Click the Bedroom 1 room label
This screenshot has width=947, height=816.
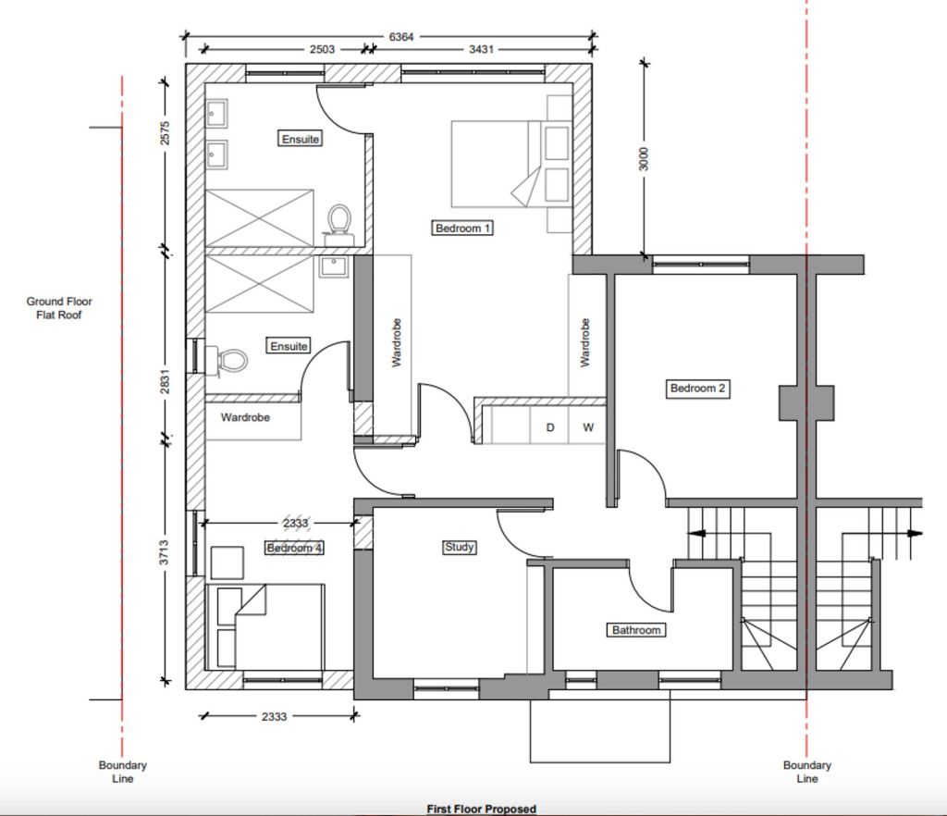point(462,228)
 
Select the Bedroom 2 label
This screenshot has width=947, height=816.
point(698,389)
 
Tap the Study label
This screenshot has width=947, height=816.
point(459,547)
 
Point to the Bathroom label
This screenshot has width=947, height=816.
point(636,630)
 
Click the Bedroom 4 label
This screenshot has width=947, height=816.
point(294,548)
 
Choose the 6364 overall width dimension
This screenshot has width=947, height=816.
point(400,37)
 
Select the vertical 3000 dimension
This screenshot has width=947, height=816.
point(645,158)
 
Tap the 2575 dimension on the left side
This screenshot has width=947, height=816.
point(166,134)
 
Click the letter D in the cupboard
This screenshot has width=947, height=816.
point(550,427)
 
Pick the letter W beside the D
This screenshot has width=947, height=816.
point(587,427)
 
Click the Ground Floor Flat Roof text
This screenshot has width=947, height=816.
point(59,308)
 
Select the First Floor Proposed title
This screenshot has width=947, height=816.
point(481,809)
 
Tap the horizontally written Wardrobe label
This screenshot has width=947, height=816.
point(245,417)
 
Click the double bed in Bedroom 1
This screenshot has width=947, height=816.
point(496,164)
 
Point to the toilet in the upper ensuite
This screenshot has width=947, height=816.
point(339,219)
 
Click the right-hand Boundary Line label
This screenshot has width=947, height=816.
point(806,772)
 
